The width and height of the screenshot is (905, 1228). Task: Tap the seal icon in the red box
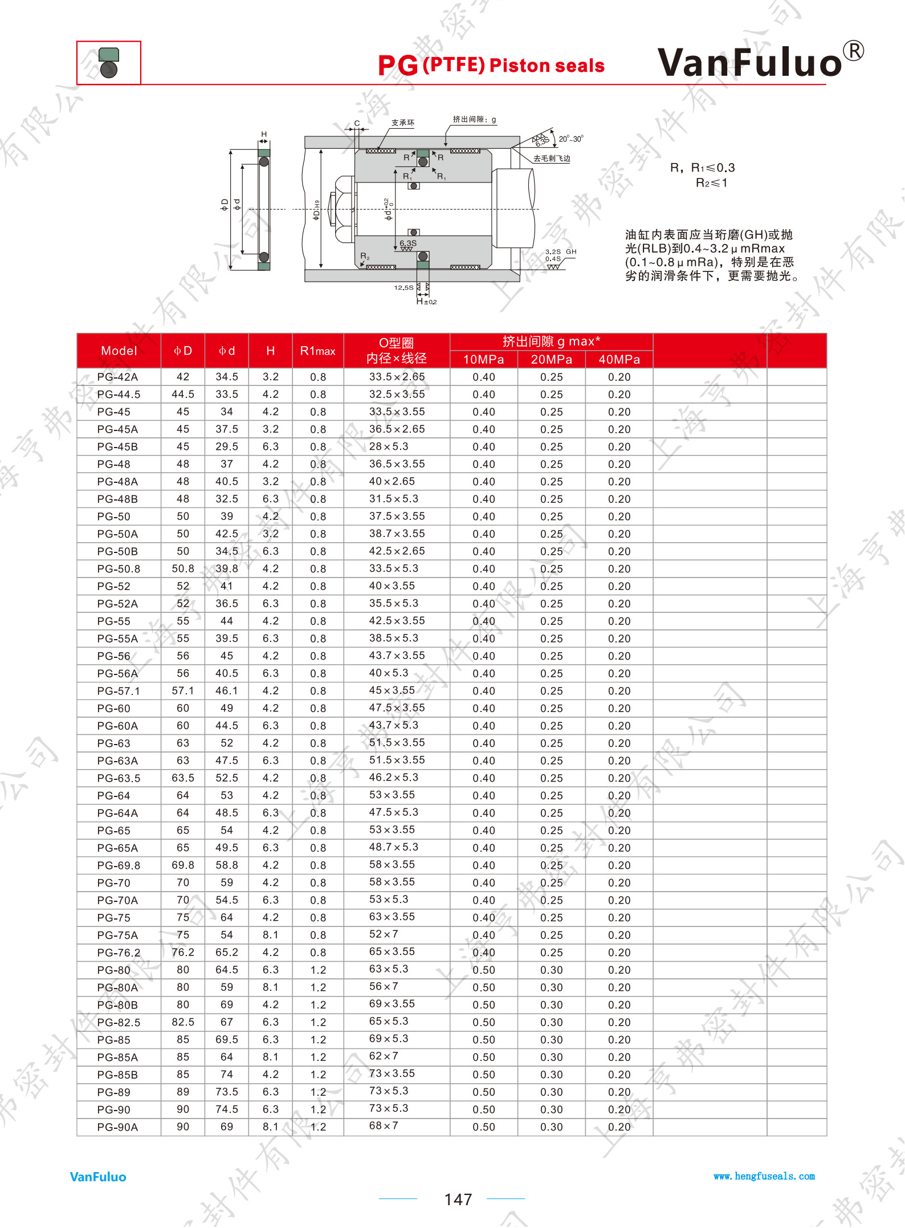coord(108,63)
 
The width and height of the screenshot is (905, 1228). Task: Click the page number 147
coord(458,1199)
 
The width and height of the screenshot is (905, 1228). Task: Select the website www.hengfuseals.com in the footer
coord(764,1176)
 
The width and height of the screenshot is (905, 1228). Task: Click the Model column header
coord(119,351)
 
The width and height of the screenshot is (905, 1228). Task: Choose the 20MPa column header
coord(551,359)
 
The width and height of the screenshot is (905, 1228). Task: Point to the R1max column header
coord(317,351)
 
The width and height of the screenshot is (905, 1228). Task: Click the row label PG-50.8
coord(119,569)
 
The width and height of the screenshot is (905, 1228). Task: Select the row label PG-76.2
coord(119,953)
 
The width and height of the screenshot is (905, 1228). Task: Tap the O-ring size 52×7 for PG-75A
coord(384,934)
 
